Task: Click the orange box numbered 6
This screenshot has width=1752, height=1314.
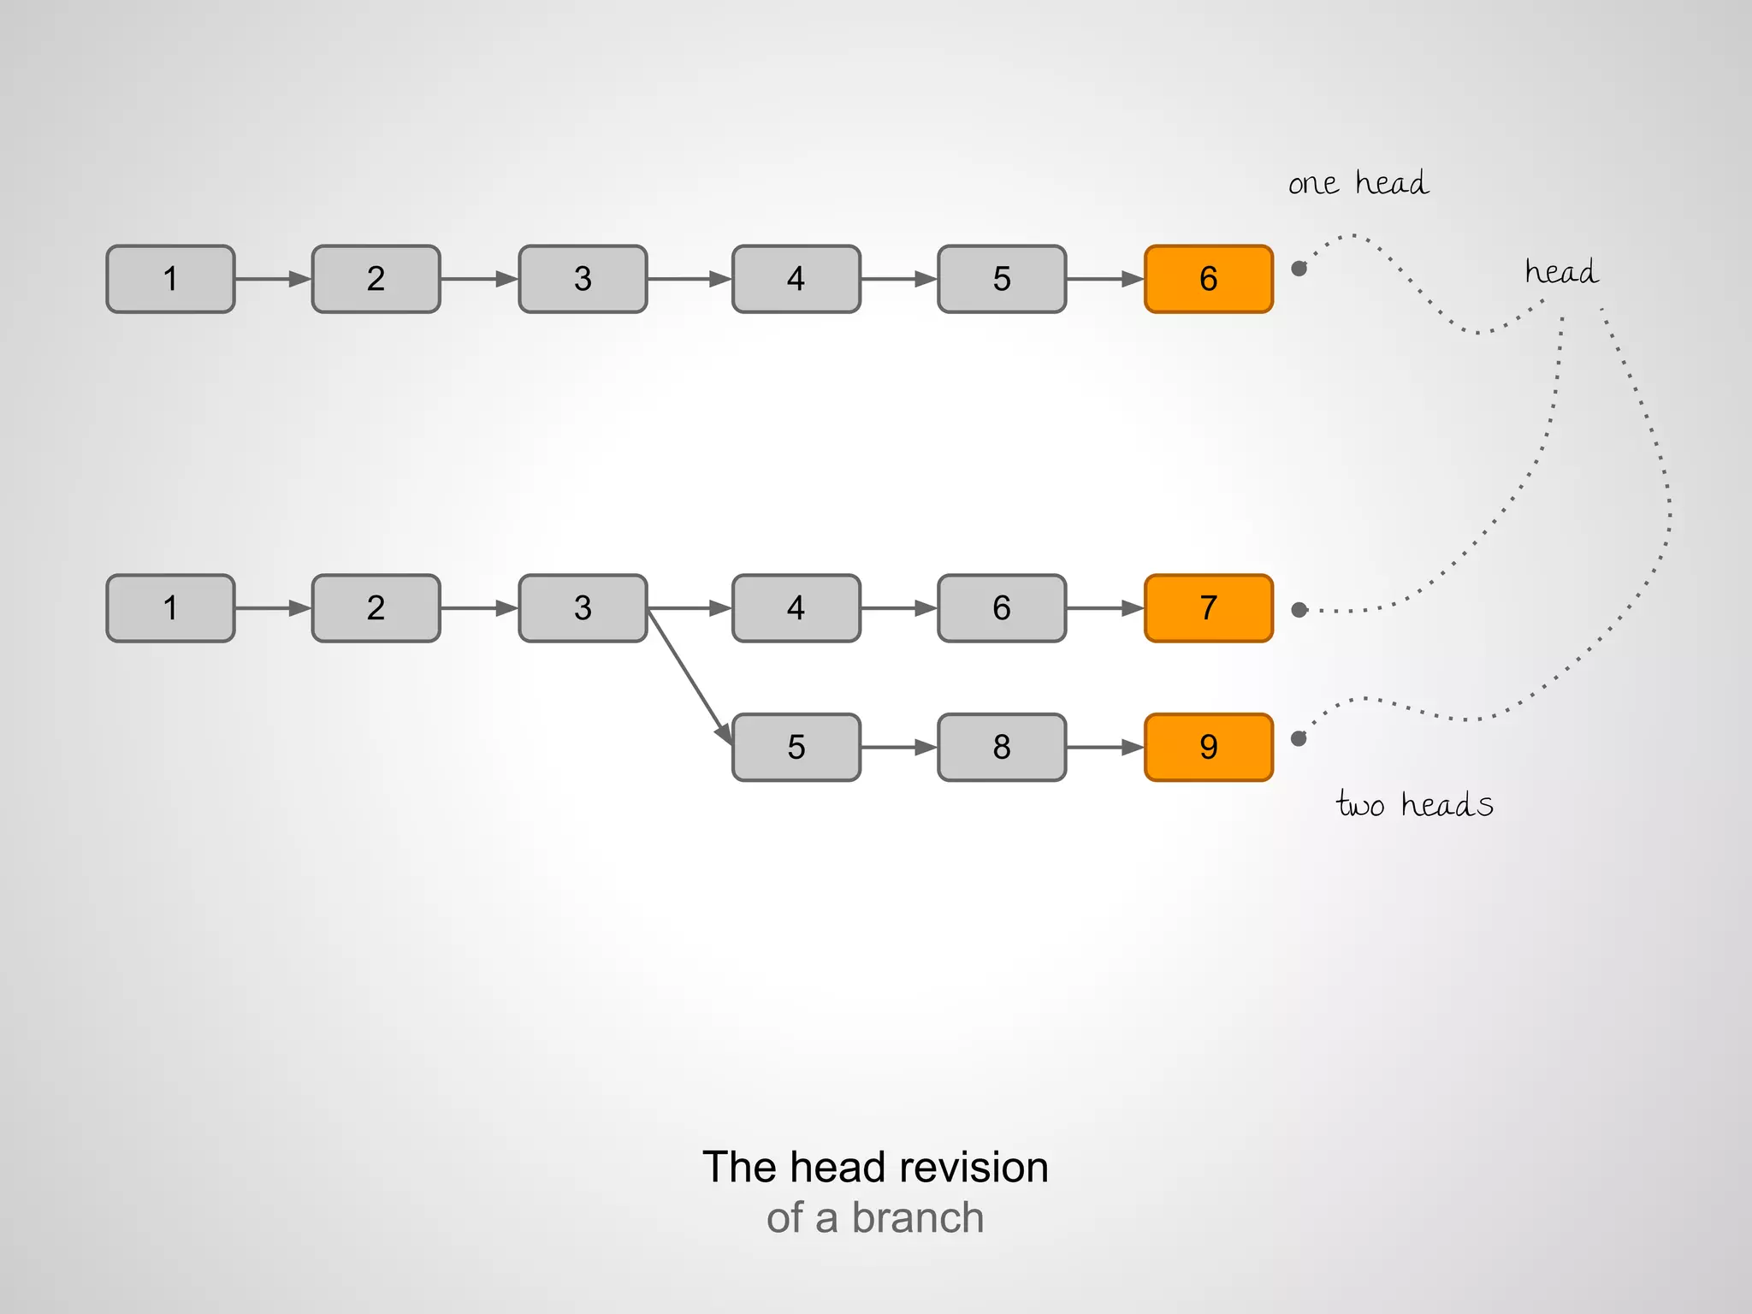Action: pos(1208,279)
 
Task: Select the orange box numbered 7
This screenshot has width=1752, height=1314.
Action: pos(1208,608)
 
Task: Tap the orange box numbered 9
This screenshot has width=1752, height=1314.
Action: pos(1208,747)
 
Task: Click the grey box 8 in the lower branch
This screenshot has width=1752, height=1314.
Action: pos(1002,747)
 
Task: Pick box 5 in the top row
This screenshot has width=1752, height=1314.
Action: pos(1002,279)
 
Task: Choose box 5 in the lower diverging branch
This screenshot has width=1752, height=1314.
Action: pos(796,747)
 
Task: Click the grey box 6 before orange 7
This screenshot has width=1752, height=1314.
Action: pos(1002,608)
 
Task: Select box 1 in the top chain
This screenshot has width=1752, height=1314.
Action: pos(170,279)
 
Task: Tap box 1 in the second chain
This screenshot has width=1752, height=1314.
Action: pos(170,608)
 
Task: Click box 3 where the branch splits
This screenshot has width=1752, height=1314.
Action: pos(583,608)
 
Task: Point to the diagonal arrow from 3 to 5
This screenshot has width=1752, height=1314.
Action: pos(690,676)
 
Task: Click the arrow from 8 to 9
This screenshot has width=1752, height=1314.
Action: pos(1104,747)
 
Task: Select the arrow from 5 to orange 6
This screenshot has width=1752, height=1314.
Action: pos(1104,279)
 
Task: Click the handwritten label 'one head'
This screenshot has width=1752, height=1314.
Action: pos(1358,183)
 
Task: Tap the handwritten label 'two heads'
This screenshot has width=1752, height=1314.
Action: pos(1414,804)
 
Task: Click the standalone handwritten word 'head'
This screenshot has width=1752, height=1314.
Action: pos(1561,272)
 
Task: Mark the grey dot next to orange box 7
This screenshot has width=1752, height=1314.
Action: pos(1299,610)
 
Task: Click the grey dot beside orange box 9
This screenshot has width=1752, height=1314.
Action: pos(1299,738)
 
